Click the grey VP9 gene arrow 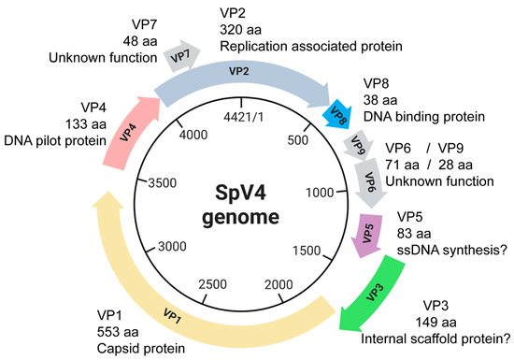(356, 147)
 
